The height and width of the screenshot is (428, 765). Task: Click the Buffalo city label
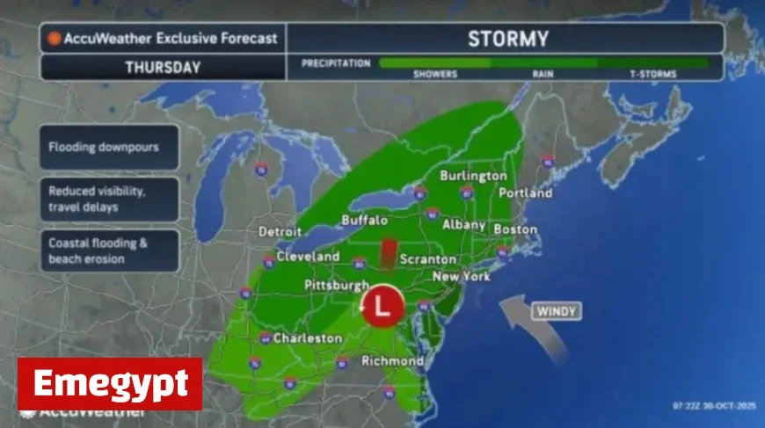pyautogui.click(x=362, y=220)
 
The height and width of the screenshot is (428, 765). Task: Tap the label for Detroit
pyautogui.click(x=280, y=232)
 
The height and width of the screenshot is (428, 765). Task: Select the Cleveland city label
pyautogui.click(x=308, y=257)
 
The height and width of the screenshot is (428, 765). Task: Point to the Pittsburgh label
pyautogui.click(x=336, y=287)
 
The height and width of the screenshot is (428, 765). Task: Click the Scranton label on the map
pyautogui.click(x=428, y=260)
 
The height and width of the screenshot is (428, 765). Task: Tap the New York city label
pyautogui.click(x=462, y=277)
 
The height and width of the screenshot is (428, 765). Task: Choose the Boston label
pyautogui.click(x=515, y=229)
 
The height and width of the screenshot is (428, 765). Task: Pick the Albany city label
pyautogui.click(x=461, y=226)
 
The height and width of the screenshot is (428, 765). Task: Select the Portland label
pyautogui.click(x=525, y=193)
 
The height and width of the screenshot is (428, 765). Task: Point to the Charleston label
pyautogui.click(x=307, y=338)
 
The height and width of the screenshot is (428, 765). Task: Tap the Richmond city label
pyautogui.click(x=392, y=361)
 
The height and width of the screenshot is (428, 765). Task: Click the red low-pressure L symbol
pyautogui.click(x=382, y=307)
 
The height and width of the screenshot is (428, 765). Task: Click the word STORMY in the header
pyautogui.click(x=507, y=39)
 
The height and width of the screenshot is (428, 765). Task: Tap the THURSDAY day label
pyautogui.click(x=163, y=68)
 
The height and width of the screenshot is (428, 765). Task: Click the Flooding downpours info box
pyautogui.click(x=110, y=148)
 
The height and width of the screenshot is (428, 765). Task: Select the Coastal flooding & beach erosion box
pyautogui.click(x=110, y=251)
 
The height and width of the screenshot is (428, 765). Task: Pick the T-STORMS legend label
pyautogui.click(x=652, y=75)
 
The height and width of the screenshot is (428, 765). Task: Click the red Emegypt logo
pyautogui.click(x=110, y=384)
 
